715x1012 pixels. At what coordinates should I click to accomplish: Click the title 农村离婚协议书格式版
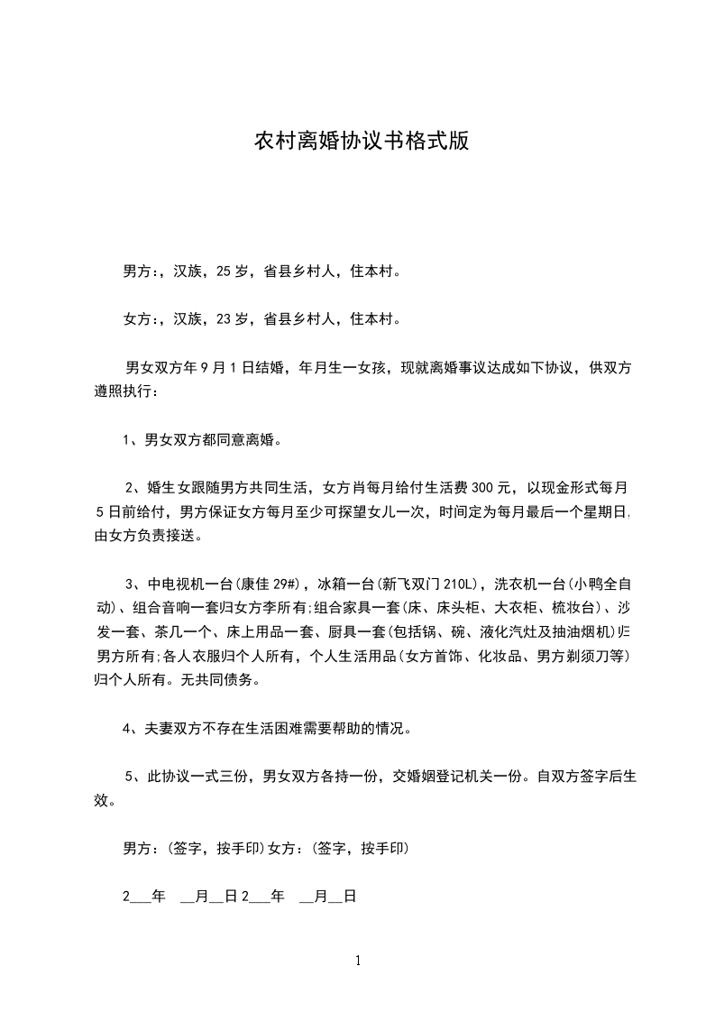point(361,143)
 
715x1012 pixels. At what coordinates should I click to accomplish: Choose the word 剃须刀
point(592,655)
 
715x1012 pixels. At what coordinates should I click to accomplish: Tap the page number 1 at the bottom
point(358,961)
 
